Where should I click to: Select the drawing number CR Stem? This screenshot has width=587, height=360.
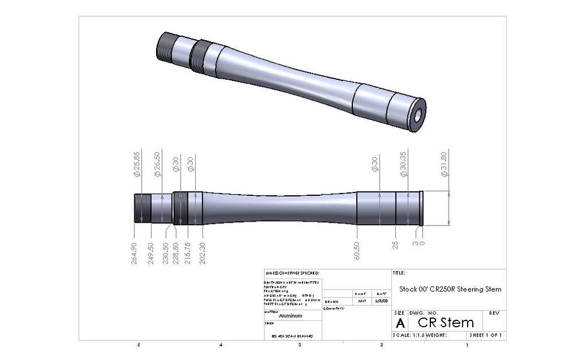point(445,322)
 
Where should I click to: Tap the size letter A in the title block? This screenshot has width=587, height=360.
point(400,323)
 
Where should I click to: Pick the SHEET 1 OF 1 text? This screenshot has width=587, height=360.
point(485,335)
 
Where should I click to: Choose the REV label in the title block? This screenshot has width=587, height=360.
point(494,313)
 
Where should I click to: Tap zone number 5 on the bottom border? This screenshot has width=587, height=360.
point(138,345)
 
